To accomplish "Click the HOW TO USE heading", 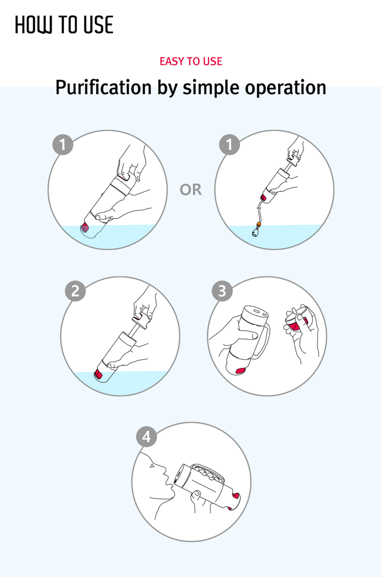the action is click(x=64, y=25).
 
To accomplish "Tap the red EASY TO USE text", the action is click(x=191, y=61).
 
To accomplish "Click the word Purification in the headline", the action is click(x=103, y=88).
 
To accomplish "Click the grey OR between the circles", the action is click(x=191, y=190).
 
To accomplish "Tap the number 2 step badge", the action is click(x=75, y=291).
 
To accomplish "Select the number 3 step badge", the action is click(x=222, y=291).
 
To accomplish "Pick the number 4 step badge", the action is click(x=146, y=437).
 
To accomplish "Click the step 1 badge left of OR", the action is click(x=63, y=144).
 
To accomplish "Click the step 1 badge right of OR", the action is click(x=229, y=144).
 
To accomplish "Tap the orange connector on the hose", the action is click(x=259, y=224).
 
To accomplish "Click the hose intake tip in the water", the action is click(x=255, y=232).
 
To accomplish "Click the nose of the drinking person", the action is click(x=163, y=470).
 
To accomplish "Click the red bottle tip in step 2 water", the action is click(x=98, y=375).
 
